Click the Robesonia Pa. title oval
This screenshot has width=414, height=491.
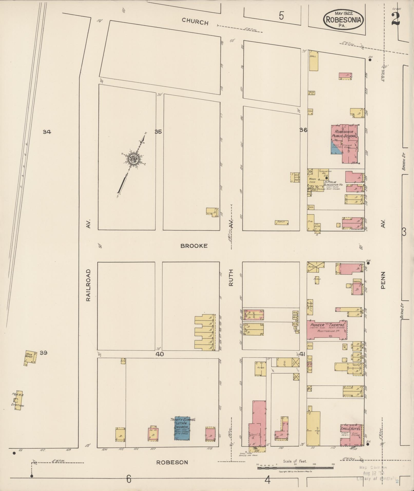tap(343, 20)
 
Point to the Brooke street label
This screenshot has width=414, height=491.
tap(194, 246)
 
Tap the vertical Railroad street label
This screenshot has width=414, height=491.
tap(88, 285)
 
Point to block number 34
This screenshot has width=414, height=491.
tap(47, 132)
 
